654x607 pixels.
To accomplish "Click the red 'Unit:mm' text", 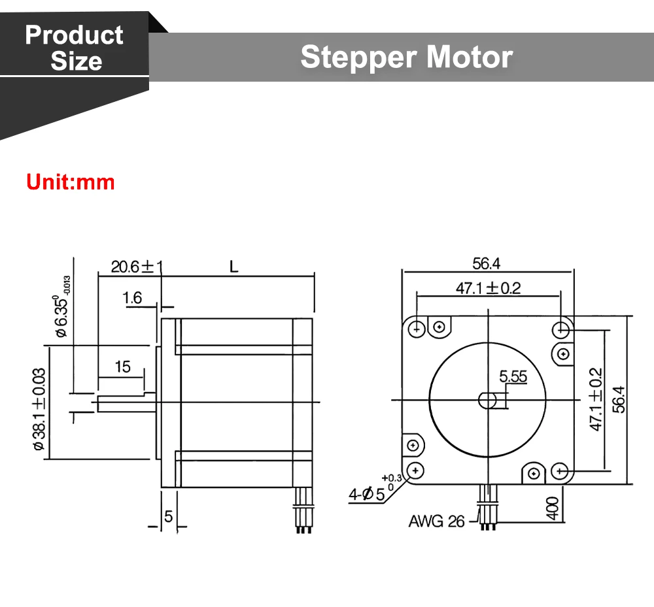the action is click(70, 182).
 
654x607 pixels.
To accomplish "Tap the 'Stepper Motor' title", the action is click(407, 57).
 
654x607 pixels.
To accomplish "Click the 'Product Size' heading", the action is click(75, 48).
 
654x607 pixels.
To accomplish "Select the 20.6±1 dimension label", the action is click(137, 267).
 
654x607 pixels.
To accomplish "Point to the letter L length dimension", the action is click(233, 267).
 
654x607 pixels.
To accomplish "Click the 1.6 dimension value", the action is click(132, 298).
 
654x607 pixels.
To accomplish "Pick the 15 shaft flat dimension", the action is click(123, 367).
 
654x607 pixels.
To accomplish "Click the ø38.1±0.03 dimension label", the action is click(39, 409).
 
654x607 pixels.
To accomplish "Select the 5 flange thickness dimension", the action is click(168, 517).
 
